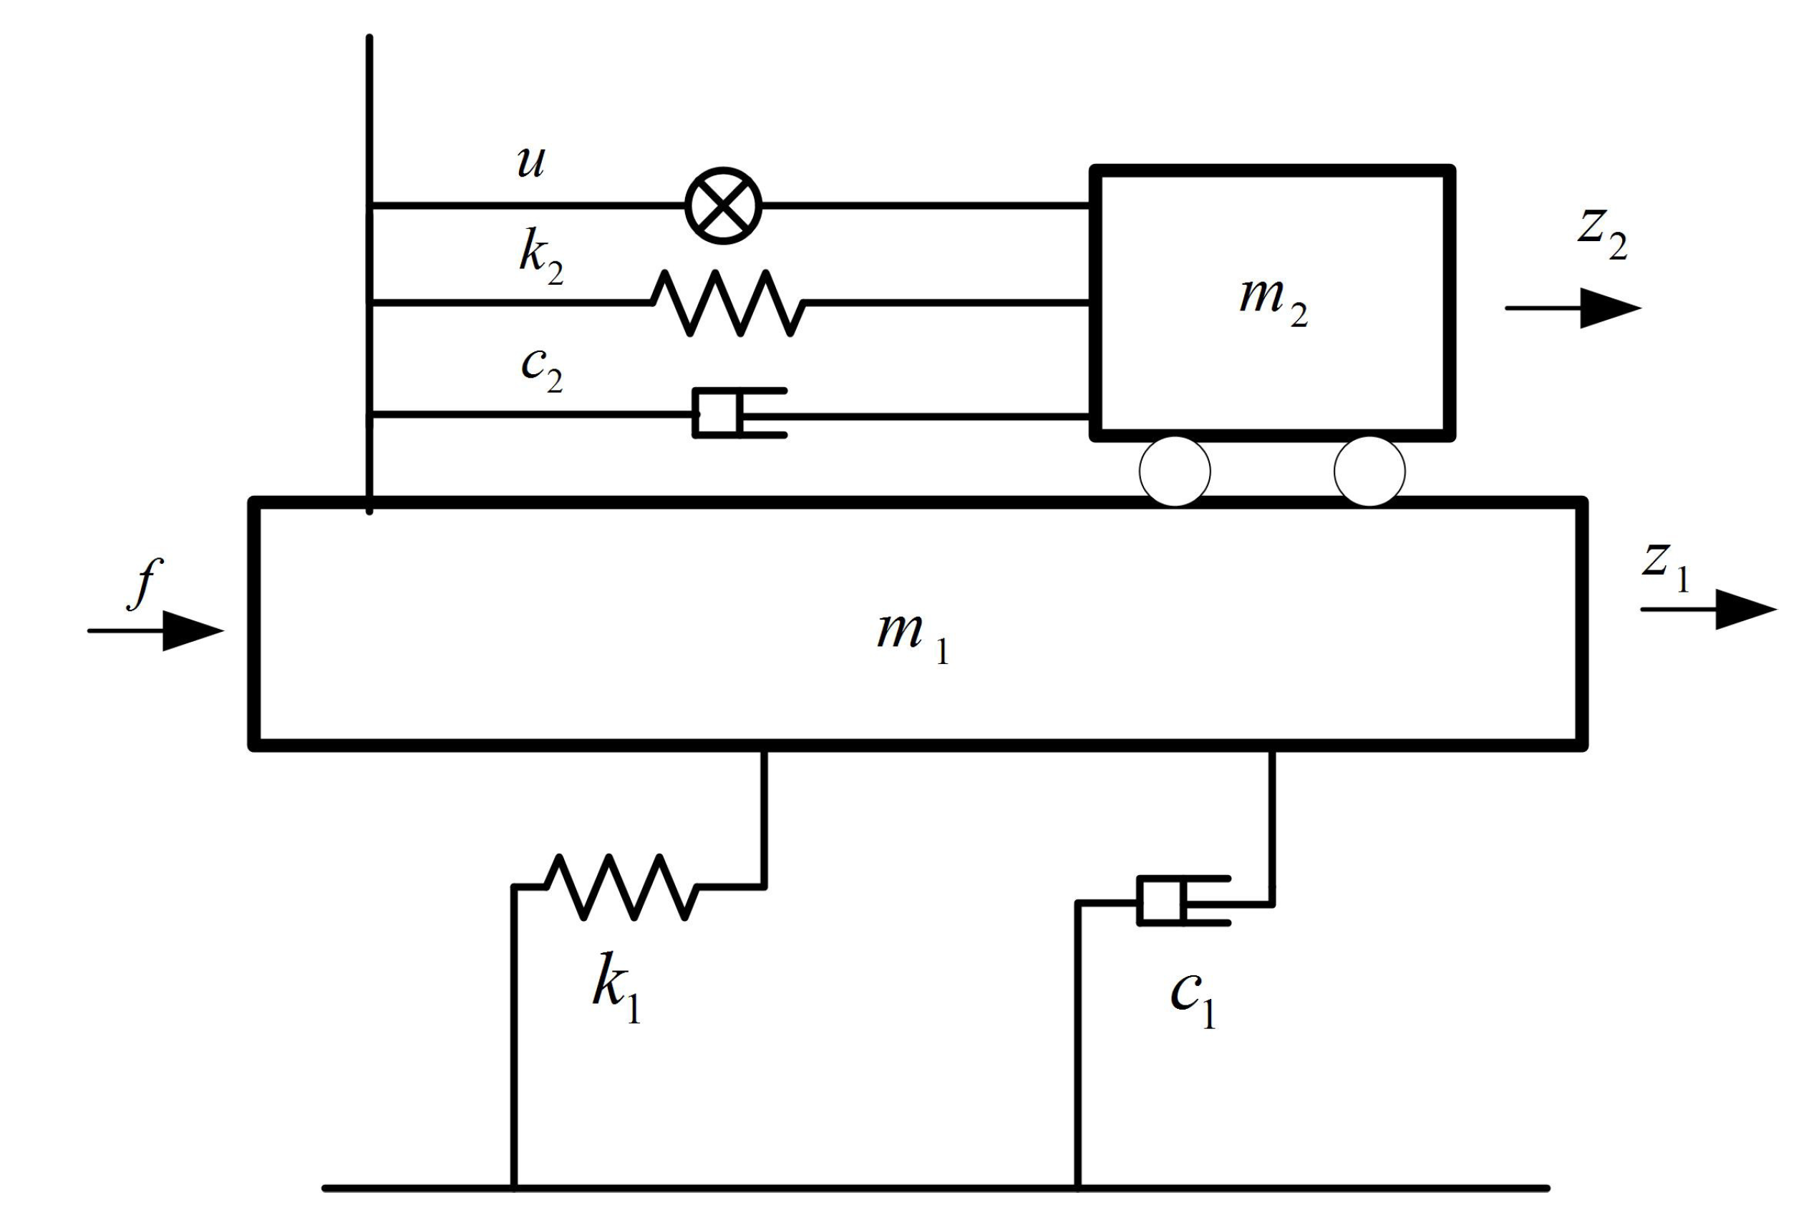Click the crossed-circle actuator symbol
[x=724, y=205]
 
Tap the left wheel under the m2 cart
[x=1174, y=471]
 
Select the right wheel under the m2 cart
[x=1369, y=471]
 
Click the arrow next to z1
[x=1710, y=610]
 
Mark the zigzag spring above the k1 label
[x=621, y=887]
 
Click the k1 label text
[x=616, y=988]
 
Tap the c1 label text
[x=1193, y=1000]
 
